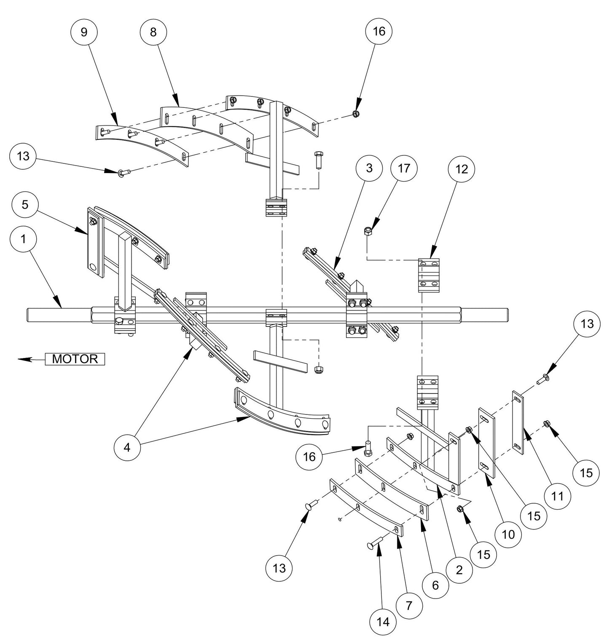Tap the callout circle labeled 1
(x=23, y=239)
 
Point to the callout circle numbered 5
(x=26, y=205)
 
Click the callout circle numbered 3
(x=369, y=168)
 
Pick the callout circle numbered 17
(x=403, y=168)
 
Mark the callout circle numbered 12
(x=461, y=168)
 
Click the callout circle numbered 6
(x=435, y=584)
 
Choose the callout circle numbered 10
(x=509, y=534)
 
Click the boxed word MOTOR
(x=75, y=359)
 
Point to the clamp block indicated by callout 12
(x=429, y=275)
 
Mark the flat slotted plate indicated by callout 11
(x=518, y=422)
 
